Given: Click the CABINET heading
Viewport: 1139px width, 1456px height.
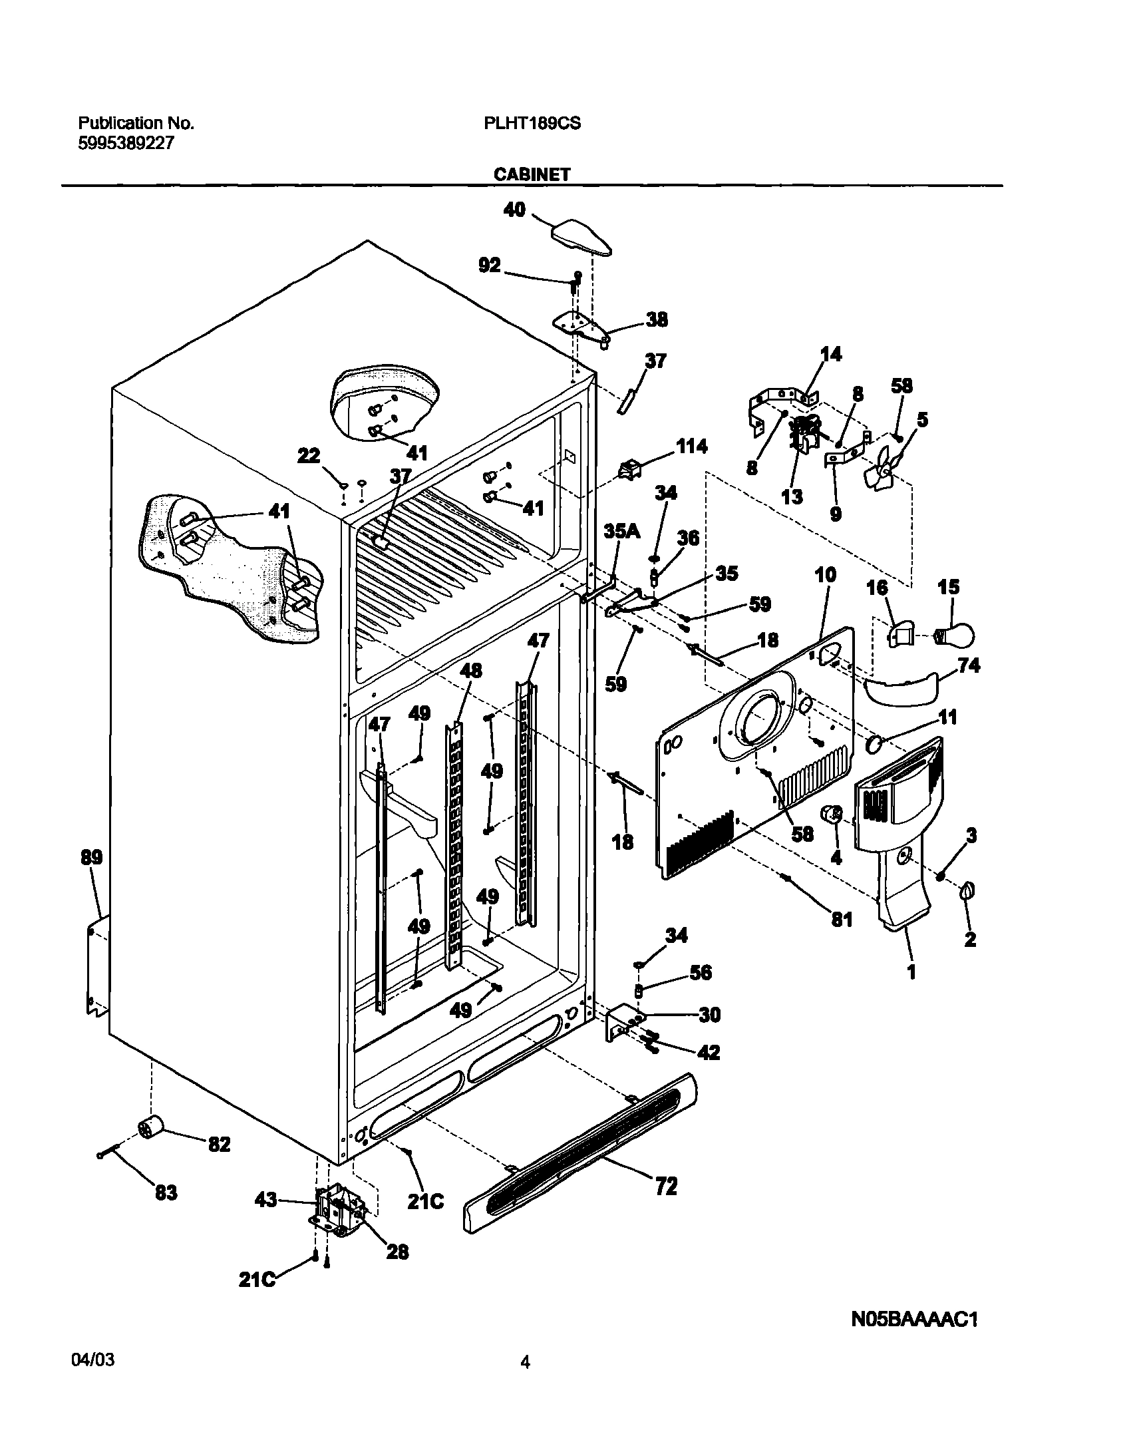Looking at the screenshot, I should coord(532,174).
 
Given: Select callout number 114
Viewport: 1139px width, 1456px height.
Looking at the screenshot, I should coord(691,447).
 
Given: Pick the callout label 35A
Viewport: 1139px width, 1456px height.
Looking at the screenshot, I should coord(621,531).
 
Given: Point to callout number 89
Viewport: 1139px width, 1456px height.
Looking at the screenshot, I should coord(91,857).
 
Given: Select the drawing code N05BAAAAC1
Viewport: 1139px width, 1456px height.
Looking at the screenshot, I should coord(914,1320).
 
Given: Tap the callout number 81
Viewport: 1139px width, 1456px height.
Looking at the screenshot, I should coord(842,920).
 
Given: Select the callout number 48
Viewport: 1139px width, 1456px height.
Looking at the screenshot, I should coord(471,670).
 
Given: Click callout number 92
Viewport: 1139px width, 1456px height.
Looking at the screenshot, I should coord(490,266).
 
